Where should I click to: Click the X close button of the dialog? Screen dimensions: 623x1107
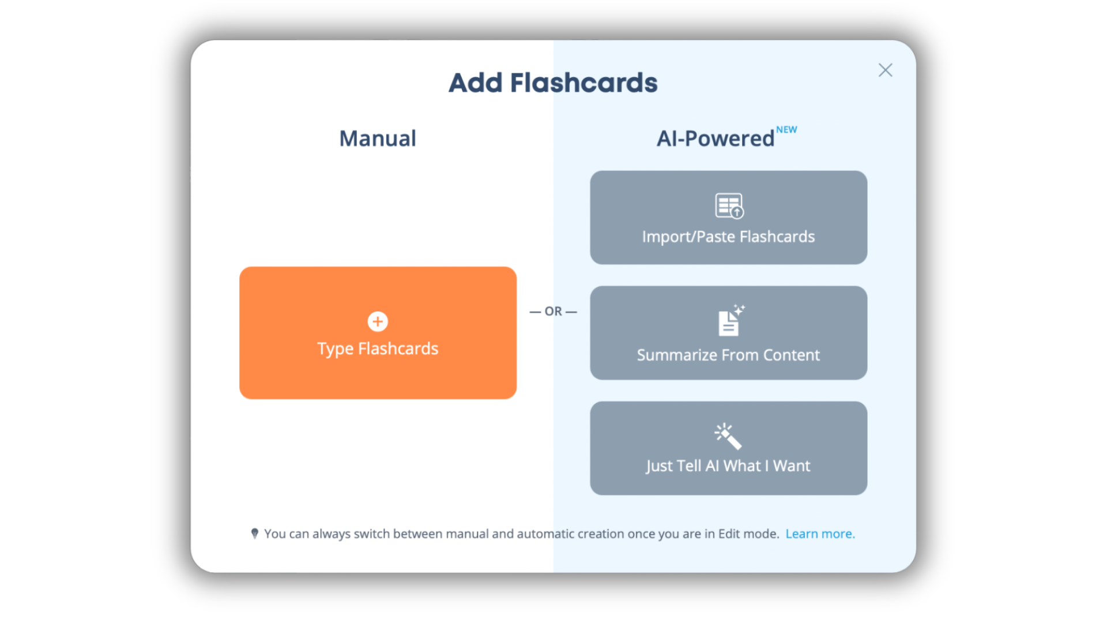point(885,70)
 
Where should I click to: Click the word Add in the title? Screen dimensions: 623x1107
point(476,83)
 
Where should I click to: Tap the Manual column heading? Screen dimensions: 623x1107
point(378,138)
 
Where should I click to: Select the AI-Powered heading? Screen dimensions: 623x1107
point(716,139)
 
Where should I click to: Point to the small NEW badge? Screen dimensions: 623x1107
point(786,130)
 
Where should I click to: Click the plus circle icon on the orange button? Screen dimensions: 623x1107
point(378,321)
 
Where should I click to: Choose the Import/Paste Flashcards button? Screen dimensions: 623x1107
point(728,217)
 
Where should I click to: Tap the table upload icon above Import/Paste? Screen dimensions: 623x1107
point(729,206)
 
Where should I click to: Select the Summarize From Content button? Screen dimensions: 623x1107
point(728,333)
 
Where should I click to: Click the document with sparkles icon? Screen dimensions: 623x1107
point(731,320)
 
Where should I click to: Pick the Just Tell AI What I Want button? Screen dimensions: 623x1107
point(728,448)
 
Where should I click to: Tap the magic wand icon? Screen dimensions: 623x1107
point(728,436)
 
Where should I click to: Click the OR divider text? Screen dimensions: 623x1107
point(553,311)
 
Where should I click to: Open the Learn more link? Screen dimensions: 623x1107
point(820,534)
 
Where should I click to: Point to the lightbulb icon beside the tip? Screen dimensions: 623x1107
point(255,534)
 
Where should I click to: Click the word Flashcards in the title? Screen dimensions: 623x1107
point(583,83)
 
